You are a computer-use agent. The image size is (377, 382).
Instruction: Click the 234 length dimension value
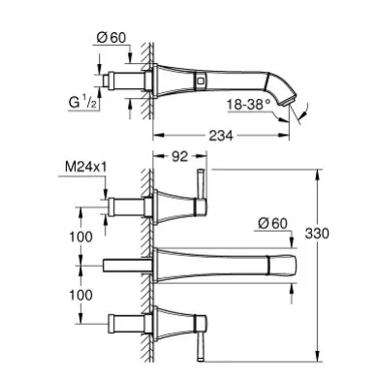(221, 136)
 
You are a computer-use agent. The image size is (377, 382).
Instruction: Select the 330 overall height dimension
(317, 233)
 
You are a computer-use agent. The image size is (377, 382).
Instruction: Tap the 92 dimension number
(179, 157)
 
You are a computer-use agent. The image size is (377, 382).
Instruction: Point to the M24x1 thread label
(86, 167)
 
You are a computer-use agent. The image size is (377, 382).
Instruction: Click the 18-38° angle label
(248, 105)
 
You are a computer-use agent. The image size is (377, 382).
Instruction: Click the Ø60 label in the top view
(111, 38)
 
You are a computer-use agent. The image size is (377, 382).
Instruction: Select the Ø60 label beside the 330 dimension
(272, 223)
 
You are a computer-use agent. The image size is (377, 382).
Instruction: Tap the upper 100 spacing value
(80, 237)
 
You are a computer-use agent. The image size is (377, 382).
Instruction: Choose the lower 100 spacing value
(80, 295)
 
